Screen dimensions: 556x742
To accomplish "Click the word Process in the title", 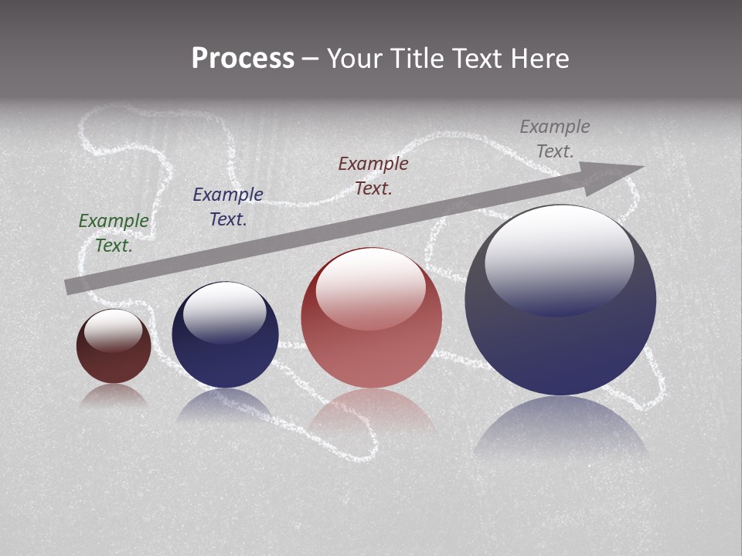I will (243, 59).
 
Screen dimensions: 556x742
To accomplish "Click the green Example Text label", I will (114, 232).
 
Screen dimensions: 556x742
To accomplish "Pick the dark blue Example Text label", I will (228, 207).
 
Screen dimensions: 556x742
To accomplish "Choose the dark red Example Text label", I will (373, 175).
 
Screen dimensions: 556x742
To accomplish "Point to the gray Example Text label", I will (555, 139).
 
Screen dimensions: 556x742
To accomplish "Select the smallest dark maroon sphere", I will (114, 363).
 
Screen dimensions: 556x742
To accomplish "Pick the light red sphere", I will (372, 355).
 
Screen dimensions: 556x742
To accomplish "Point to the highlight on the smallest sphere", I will (113, 330).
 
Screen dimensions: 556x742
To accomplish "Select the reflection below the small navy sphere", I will (225, 405).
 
